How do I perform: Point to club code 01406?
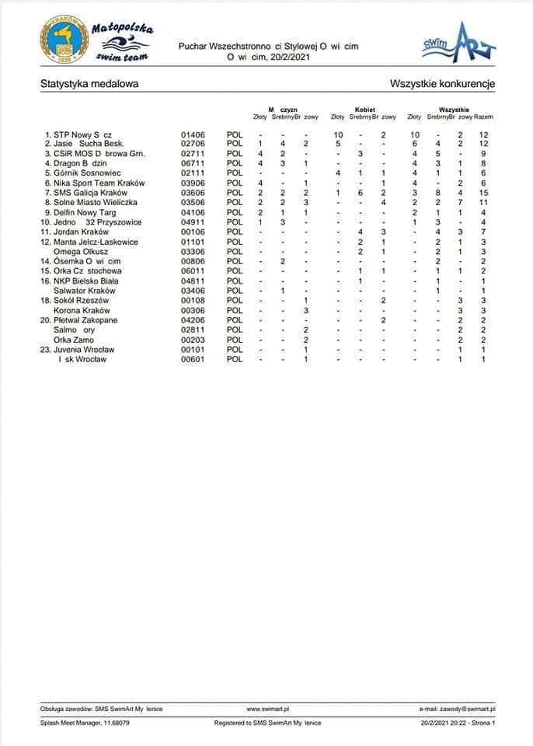tap(192, 134)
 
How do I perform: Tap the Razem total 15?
tap(482, 192)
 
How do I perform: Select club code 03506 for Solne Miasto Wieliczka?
tap(192, 202)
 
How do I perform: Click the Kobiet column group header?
tap(365, 110)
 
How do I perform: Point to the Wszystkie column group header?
tap(453, 110)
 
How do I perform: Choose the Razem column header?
tap(483, 117)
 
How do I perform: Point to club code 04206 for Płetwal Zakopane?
tap(192, 319)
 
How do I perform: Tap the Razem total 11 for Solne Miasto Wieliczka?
tap(482, 202)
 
